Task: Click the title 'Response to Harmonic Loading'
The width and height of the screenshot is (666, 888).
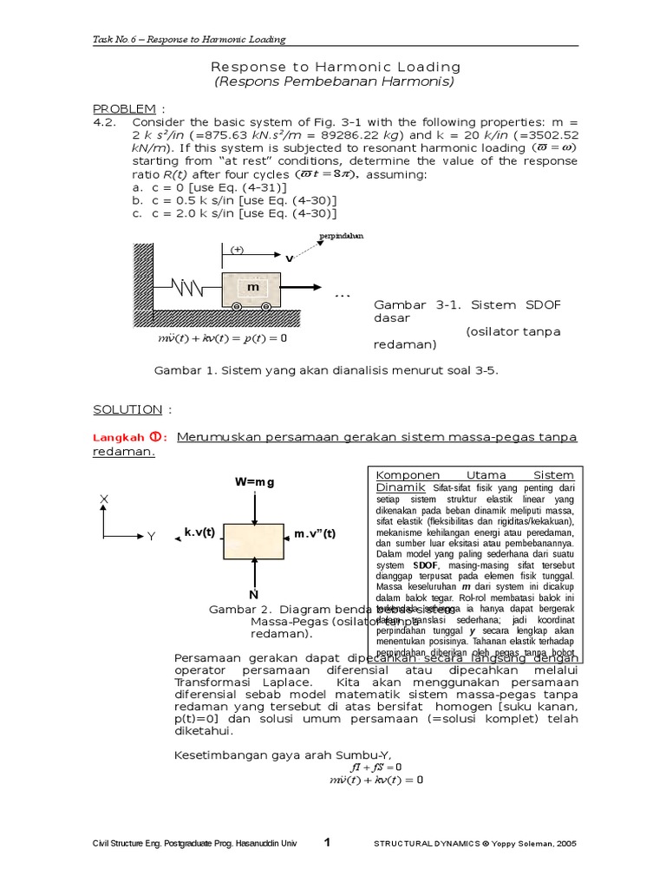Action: click(336, 67)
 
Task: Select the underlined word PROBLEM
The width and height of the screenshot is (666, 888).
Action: click(125, 108)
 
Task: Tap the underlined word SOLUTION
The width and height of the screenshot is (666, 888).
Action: click(127, 409)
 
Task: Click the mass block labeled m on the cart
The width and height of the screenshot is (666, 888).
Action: click(252, 286)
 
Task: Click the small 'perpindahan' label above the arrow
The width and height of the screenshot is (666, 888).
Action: click(341, 235)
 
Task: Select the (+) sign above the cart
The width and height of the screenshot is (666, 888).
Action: click(237, 249)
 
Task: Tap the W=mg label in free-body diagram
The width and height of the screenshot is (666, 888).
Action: click(253, 482)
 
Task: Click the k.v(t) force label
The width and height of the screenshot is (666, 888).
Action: click(199, 532)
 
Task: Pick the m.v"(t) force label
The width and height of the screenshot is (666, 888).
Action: click(315, 533)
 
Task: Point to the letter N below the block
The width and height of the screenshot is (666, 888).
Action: click(254, 595)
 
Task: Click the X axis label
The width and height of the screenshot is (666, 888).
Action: click(104, 499)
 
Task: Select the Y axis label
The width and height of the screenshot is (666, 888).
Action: click(151, 537)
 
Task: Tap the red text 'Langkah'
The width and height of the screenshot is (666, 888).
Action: click(114, 438)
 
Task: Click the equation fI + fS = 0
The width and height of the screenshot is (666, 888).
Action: click(375, 767)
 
